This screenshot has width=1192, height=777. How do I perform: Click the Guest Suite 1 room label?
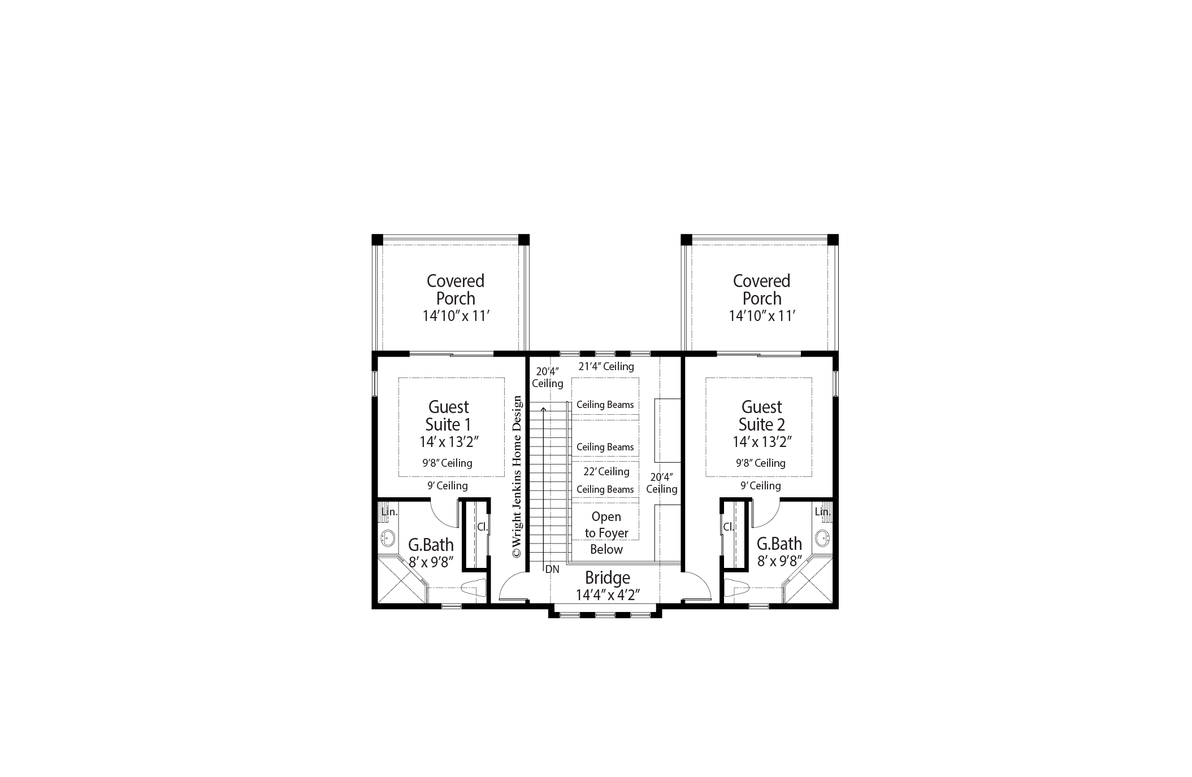(448, 416)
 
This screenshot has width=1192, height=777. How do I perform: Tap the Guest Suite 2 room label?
(761, 416)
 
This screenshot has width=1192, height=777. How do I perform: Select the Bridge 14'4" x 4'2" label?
(607, 586)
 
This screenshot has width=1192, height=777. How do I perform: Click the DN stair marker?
(552, 570)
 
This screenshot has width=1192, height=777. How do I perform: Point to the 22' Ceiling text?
(606, 471)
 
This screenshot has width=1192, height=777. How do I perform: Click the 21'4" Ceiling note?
(606, 366)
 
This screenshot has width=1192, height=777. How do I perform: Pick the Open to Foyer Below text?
(606, 533)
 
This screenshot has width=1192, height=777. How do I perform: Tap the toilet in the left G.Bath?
(474, 588)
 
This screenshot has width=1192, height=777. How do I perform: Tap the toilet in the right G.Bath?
(736, 588)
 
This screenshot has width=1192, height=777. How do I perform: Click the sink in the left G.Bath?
(388, 537)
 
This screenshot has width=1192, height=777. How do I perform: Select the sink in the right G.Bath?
(822, 537)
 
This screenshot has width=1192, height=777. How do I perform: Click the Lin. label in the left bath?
(389, 512)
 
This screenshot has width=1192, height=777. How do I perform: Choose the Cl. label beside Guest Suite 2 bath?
(729, 527)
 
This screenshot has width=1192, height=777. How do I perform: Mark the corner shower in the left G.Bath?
(398, 582)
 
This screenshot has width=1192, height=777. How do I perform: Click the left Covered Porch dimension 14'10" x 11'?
(456, 316)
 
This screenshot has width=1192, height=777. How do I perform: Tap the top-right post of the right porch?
(833, 240)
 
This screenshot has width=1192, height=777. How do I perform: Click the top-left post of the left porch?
(377, 240)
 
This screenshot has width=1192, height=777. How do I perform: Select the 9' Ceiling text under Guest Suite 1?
(447, 485)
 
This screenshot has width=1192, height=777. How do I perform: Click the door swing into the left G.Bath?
(444, 511)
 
